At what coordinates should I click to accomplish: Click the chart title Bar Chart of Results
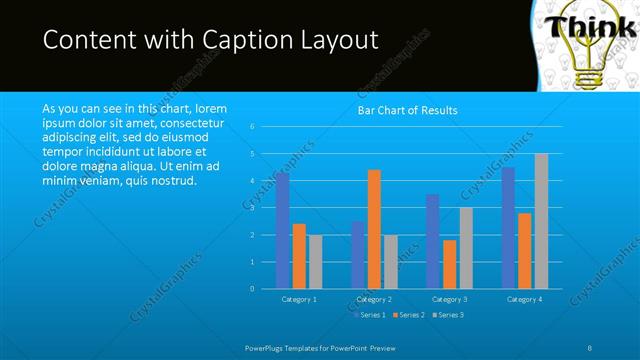(x=407, y=110)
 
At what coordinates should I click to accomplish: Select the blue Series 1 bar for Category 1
(x=283, y=231)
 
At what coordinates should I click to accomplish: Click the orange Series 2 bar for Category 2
(x=374, y=229)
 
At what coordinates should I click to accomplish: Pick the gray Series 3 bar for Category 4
(x=541, y=221)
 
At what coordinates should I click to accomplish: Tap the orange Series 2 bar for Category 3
(x=449, y=264)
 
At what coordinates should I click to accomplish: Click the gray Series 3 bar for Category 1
(x=316, y=262)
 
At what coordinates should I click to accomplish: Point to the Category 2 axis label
(x=374, y=299)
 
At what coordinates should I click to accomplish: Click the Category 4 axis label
(x=524, y=299)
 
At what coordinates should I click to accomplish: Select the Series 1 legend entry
(x=372, y=315)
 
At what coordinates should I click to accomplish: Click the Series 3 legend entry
(x=449, y=315)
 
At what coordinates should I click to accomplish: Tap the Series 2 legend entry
(x=411, y=315)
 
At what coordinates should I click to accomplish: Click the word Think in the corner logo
(x=589, y=25)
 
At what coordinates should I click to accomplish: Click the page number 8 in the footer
(x=591, y=346)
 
